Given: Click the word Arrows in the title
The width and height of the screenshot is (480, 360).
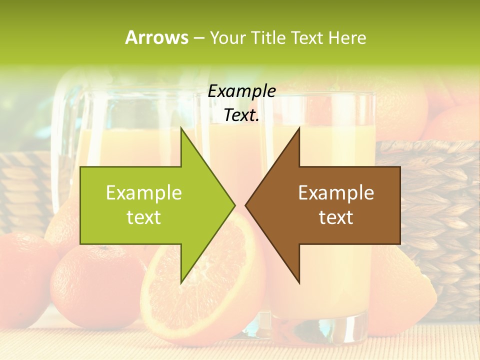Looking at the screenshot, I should pyautogui.click(x=156, y=37).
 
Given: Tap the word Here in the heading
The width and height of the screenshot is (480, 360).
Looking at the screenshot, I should pyautogui.click(x=347, y=37).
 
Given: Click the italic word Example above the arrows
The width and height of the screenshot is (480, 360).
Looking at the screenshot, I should pyautogui.click(x=241, y=91).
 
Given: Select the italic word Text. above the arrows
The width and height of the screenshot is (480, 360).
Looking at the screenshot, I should pyautogui.click(x=241, y=115).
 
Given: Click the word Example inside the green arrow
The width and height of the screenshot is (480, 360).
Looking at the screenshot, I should pyautogui.click(x=144, y=192).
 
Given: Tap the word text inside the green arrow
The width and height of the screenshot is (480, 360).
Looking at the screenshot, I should pyautogui.click(x=144, y=217).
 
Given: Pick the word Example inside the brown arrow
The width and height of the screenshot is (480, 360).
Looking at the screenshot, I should pyautogui.click(x=336, y=192).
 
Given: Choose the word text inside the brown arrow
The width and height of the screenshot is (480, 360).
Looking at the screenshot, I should pyautogui.click(x=336, y=217).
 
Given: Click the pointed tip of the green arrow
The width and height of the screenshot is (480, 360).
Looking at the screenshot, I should pyautogui.click(x=235, y=205).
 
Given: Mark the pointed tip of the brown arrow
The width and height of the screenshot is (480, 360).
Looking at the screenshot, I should pyautogui.click(x=245, y=205).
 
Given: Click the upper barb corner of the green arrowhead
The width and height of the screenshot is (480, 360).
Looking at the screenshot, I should pyautogui.click(x=181, y=127).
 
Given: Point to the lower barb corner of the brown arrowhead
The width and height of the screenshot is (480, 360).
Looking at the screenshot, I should pyautogui.click(x=299, y=283).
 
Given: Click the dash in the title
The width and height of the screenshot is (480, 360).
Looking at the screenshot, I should pyautogui.click(x=198, y=38).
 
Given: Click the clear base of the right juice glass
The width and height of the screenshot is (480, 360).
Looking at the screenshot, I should pyautogui.click(x=325, y=327).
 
